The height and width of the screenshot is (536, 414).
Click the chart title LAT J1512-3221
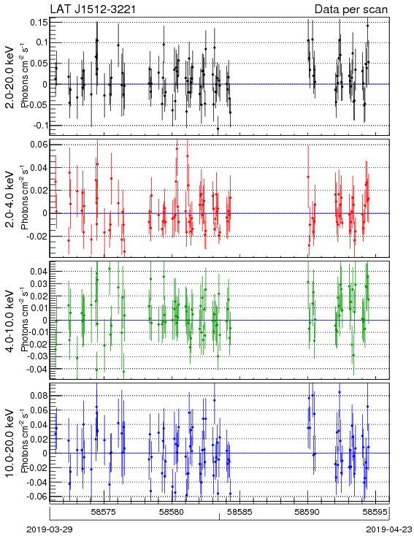(x=93, y=9)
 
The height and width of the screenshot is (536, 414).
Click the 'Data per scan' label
(x=351, y=9)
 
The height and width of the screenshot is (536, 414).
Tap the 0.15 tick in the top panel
(x=39, y=23)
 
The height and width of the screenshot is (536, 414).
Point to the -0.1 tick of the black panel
(x=41, y=126)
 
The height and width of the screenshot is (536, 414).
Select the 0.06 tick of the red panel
(x=39, y=145)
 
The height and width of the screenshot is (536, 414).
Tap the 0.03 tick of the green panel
(x=39, y=284)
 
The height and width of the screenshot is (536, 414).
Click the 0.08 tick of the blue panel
(x=39, y=396)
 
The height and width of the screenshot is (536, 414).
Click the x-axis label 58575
(x=104, y=512)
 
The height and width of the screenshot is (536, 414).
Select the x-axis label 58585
(x=240, y=512)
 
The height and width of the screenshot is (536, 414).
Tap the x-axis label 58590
(x=307, y=512)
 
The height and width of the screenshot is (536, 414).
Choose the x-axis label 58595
(x=375, y=512)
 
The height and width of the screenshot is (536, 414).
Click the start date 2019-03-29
(x=49, y=529)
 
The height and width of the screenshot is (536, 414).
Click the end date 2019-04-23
(x=389, y=529)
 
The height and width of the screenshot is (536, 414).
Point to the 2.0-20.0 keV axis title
(x=10, y=77)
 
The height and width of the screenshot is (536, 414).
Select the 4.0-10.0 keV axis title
(x=10, y=321)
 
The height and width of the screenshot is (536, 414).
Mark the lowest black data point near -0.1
(x=218, y=129)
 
